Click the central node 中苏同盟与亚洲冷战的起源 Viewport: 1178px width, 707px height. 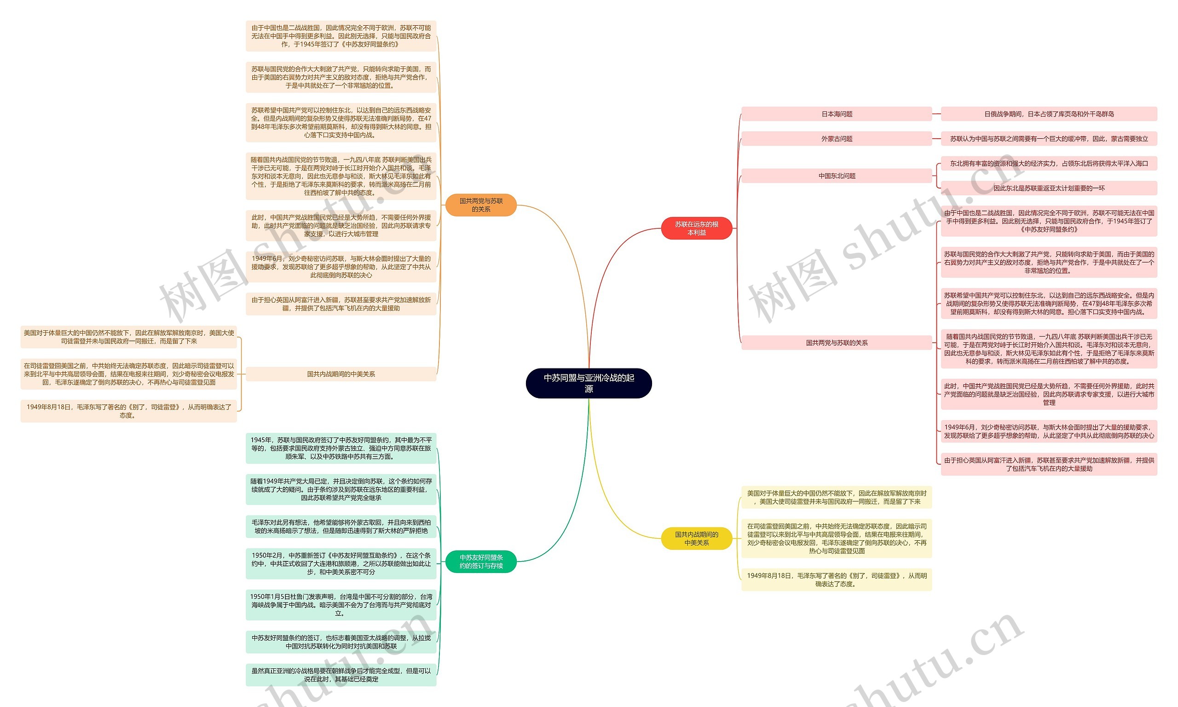588,383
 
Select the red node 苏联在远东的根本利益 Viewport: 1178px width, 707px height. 696,228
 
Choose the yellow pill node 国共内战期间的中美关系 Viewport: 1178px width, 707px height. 696,538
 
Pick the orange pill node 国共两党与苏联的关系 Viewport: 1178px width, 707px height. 481,205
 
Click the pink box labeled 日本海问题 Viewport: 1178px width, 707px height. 836,114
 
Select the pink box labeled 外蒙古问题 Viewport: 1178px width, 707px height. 836,139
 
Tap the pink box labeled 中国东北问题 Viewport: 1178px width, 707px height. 836,176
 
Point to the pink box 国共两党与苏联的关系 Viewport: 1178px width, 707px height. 836,343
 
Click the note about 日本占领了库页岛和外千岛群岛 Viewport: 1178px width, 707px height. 1049,114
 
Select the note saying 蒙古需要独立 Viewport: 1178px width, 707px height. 1049,139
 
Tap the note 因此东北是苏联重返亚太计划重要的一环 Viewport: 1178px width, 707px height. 1049,188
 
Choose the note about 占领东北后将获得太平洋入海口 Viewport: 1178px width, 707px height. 1049,164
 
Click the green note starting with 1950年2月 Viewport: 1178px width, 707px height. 341,564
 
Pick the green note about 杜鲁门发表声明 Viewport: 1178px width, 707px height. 341,605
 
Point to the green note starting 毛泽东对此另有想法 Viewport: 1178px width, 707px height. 341,526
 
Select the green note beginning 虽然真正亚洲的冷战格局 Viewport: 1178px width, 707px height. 341,675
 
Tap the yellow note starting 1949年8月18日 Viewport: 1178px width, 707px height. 836,580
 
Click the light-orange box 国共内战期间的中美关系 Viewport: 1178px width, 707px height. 341,374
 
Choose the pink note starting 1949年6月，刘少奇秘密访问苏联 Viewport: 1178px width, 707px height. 1049,431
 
